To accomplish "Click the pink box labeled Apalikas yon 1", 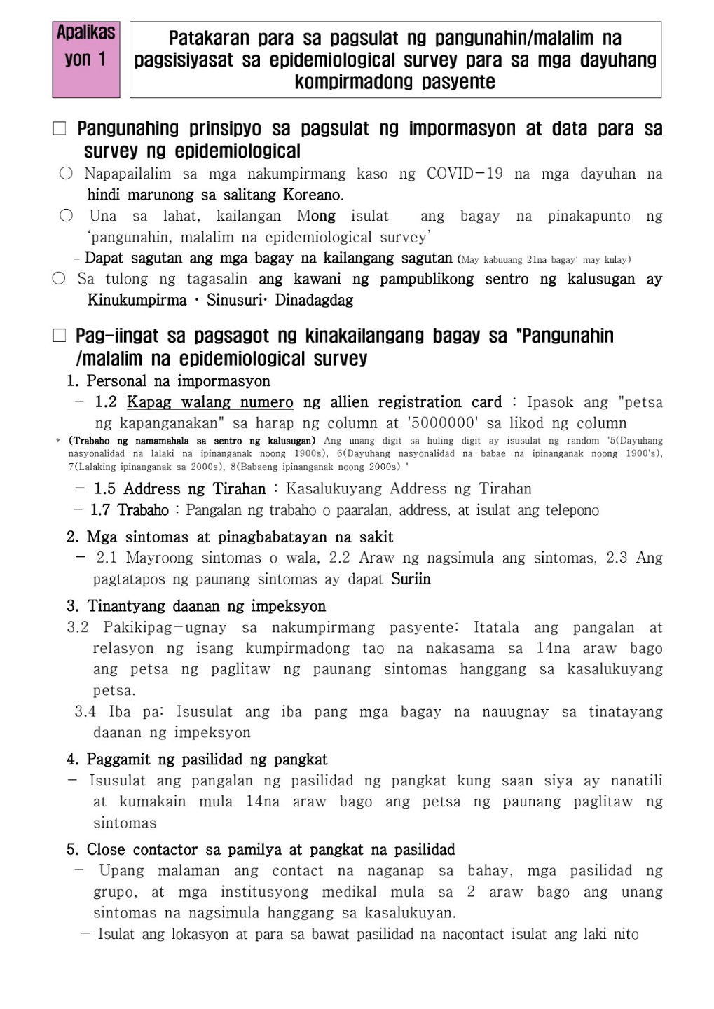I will pos(86,59).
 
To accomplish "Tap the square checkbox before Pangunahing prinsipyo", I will pos(60,129).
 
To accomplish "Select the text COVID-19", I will pos(465,174).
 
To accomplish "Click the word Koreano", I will pos(313,195).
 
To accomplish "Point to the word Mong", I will pos(316,216).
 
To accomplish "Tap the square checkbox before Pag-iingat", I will pos(60,336).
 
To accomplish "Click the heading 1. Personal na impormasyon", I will pos(168,381).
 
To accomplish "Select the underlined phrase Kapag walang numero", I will pos(210,402).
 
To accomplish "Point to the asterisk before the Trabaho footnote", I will pos(58,441).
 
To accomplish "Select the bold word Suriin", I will pos(411,579).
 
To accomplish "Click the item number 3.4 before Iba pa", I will pos(85,712).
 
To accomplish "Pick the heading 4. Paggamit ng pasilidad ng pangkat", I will pos(197,760).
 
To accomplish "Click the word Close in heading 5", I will pos(107,850).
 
